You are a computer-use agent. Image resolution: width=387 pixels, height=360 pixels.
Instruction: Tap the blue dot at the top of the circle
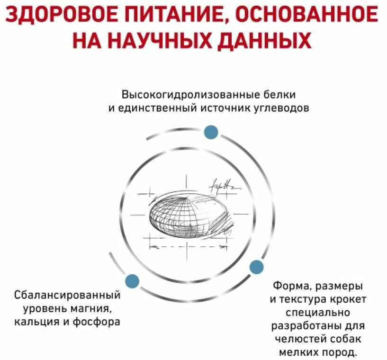211,132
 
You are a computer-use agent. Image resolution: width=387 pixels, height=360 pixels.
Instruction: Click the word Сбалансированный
67,296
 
